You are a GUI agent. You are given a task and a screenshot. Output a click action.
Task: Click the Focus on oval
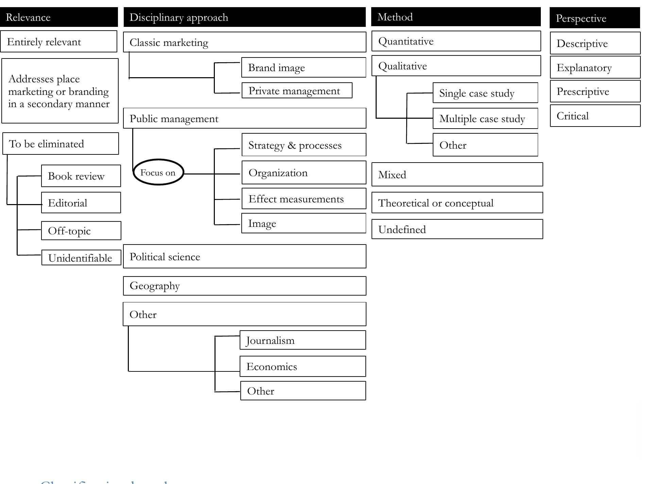pos(158,172)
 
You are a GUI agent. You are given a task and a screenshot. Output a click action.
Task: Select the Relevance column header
pos(59,17)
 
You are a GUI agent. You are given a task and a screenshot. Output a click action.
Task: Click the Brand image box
pos(303,68)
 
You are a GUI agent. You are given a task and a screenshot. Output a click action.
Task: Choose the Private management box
pos(296,91)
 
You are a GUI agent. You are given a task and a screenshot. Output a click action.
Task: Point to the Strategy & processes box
pos(304,145)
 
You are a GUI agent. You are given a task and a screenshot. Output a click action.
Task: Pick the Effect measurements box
pos(304,199)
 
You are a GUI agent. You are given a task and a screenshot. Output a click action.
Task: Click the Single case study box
pos(485,93)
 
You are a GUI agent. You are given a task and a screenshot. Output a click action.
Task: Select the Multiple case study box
pos(485,119)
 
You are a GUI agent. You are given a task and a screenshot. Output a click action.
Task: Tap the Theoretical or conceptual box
pos(457,203)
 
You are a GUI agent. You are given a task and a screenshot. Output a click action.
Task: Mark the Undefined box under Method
pos(457,230)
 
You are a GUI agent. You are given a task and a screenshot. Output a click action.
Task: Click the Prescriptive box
pos(595,91)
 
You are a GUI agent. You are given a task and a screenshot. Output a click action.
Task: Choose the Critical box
pos(595,116)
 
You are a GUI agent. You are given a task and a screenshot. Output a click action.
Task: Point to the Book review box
pos(81,176)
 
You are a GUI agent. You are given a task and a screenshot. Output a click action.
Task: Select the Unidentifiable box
pos(81,258)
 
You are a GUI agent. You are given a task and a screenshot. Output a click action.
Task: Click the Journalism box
pos(303,340)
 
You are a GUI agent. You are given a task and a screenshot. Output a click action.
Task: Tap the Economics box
pos(303,367)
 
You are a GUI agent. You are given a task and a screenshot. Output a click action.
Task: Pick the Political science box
pos(244,257)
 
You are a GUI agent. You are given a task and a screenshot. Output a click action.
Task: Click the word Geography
pos(155,286)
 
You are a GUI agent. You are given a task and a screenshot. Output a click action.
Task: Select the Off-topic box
pos(81,231)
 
